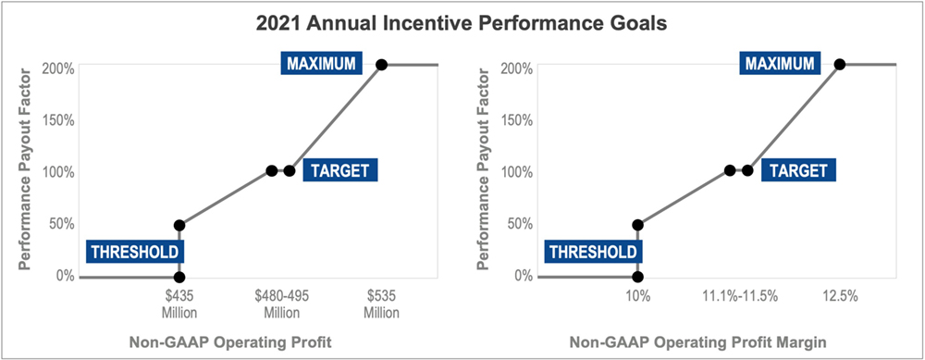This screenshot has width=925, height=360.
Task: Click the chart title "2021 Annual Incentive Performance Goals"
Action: pos(462,21)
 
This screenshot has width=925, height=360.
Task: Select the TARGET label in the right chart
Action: pos(798,171)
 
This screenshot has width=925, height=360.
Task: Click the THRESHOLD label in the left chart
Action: pos(135,251)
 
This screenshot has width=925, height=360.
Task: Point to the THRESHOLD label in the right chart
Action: pos(593,251)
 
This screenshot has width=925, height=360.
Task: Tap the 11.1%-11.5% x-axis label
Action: pos(737,297)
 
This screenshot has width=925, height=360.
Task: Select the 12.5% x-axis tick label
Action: pos(839,297)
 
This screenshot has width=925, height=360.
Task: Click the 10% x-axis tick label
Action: pos(638,297)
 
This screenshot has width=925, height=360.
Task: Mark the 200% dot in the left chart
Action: pos(381,65)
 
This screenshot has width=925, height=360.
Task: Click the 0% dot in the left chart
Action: pos(179,277)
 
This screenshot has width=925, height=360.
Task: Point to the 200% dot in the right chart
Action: pos(839,65)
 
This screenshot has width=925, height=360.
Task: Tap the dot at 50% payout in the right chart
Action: pos(637,225)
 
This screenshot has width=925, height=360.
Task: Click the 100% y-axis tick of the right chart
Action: pos(517,171)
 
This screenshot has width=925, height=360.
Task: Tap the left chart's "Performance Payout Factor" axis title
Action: pos(25,171)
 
